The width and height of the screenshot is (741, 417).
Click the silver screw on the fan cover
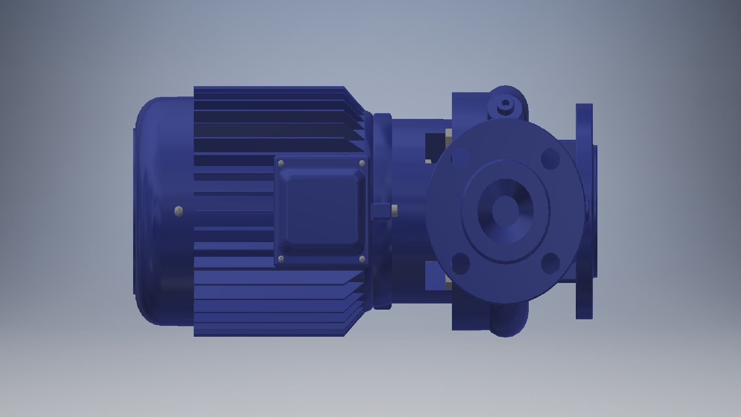179,211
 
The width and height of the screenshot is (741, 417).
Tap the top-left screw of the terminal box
281,163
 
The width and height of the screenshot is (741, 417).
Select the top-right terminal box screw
362,163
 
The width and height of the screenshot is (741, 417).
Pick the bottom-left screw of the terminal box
281,259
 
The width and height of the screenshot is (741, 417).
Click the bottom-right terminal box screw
362,259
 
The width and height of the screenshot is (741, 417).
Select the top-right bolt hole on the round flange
550,158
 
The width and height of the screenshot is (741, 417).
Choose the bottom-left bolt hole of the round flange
460,263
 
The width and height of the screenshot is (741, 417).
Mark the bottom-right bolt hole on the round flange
550,263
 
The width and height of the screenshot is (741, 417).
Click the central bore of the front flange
506,210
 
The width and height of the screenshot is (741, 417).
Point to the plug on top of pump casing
505,104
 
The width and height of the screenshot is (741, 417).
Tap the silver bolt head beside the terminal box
394,211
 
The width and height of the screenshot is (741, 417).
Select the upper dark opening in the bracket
435,147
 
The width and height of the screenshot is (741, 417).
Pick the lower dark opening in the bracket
435,275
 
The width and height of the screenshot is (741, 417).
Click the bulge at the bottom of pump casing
506,322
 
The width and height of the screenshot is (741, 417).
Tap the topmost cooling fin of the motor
268,88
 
